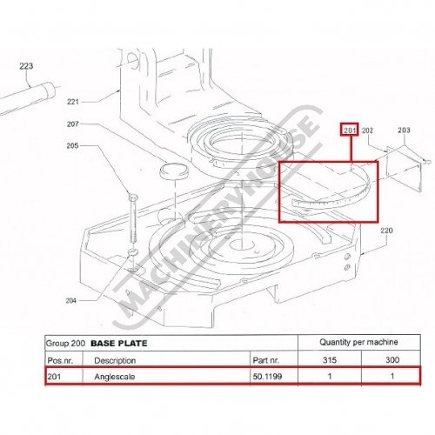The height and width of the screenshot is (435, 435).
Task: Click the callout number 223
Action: [26, 66]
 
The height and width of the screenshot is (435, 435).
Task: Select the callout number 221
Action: [73, 102]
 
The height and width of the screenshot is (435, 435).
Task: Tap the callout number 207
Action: [72, 124]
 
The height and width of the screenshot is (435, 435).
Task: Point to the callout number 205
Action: [72, 145]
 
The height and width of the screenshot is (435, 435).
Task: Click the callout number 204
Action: [70, 301]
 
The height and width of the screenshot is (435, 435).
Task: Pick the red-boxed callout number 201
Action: [350, 130]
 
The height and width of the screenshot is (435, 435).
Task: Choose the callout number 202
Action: [367, 130]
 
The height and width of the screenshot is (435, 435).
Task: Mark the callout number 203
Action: [404, 130]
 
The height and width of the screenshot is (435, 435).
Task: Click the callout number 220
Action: [386, 231]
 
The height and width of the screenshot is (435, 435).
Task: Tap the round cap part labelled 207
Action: [174, 171]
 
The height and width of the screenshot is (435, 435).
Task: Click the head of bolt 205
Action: [133, 197]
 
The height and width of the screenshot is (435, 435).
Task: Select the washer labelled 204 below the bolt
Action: [133, 251]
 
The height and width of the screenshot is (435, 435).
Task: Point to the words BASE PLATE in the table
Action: [119, 344]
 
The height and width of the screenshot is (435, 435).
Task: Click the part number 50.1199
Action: [267, 377]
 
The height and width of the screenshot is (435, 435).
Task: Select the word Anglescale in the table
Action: [115, 377]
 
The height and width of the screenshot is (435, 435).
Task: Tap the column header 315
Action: [330, 360]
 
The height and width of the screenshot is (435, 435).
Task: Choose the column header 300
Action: [392, 360]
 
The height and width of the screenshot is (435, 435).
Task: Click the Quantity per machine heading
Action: [358, 342]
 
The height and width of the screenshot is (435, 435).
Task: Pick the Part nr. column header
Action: [265, 360]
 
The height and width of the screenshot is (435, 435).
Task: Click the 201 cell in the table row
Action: [54, 377]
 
